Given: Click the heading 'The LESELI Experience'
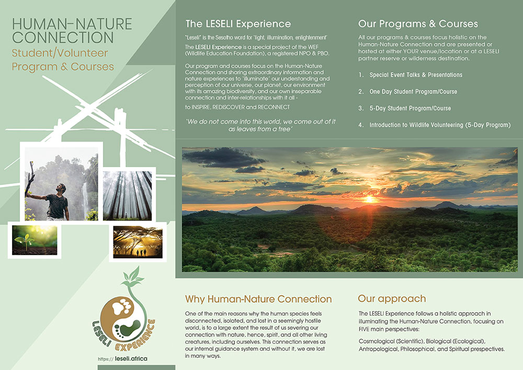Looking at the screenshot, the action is coord(238,24).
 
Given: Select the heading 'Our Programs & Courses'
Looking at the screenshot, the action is coord(418,24).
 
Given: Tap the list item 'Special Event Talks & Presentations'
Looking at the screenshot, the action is coord(416,75).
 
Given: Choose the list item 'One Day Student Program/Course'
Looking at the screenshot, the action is coord(413,91).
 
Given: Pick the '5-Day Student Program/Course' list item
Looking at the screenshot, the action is coord(410,108).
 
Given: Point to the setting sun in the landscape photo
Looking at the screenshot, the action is coord(369,199).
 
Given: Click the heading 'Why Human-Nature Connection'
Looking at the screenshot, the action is coord(258,299).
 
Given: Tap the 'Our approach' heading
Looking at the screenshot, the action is coord(392,299).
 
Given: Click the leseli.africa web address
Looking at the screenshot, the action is coord(131,359).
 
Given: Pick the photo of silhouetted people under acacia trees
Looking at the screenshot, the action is coord(138,242).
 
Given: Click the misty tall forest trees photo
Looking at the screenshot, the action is coord(127,195).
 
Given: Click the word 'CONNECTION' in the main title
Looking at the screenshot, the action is coord(63,38).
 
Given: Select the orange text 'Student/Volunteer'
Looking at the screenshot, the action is coord(60,53).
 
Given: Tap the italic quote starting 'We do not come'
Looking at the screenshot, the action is coord(260,125).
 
